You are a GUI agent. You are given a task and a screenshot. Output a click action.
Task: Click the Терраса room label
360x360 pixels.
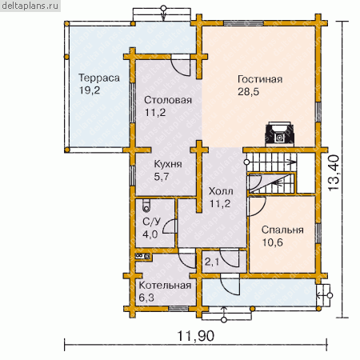tap(99, 78)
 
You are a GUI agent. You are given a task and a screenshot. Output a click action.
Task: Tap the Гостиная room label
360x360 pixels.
tap(260, 79)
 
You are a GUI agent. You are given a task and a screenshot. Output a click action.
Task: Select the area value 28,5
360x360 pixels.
tap(248, 92)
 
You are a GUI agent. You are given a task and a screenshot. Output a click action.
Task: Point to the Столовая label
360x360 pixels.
tap(168, 100)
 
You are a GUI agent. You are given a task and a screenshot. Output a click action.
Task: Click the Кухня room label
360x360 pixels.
tap(168, 164)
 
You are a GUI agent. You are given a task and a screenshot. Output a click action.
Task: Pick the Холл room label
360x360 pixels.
tap(221, 191)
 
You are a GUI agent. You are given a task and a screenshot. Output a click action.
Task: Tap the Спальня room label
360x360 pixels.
tap(282, 230)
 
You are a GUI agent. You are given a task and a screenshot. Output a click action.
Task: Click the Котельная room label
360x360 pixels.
tap(165, 286)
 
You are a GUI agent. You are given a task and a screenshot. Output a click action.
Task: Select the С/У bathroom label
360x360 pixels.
tap(152, 222)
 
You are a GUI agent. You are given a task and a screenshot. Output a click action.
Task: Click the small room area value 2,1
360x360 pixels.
tap(212, 262)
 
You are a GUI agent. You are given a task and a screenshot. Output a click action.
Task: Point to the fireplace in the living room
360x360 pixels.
tap(280, 134)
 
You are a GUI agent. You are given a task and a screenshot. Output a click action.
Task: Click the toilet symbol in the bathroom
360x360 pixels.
tap(146, 206)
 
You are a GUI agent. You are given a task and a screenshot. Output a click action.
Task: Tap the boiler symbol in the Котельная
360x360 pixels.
tap(143, 256)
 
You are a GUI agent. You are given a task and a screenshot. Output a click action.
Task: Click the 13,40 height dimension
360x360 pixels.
tap(334, 173)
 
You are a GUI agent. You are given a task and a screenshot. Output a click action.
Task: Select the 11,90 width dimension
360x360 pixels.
tap(196, 336)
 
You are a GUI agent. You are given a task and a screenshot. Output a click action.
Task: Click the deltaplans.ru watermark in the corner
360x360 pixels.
tap(30, 6)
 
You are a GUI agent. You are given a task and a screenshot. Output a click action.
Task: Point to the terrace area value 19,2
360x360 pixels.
tap(90, 90)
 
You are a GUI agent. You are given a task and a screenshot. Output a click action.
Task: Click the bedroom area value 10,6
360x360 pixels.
tap(272, 242)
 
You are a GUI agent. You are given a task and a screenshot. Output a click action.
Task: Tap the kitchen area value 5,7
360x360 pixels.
tap(162, 177)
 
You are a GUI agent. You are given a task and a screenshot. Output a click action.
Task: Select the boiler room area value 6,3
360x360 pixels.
tap(146, 298)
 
